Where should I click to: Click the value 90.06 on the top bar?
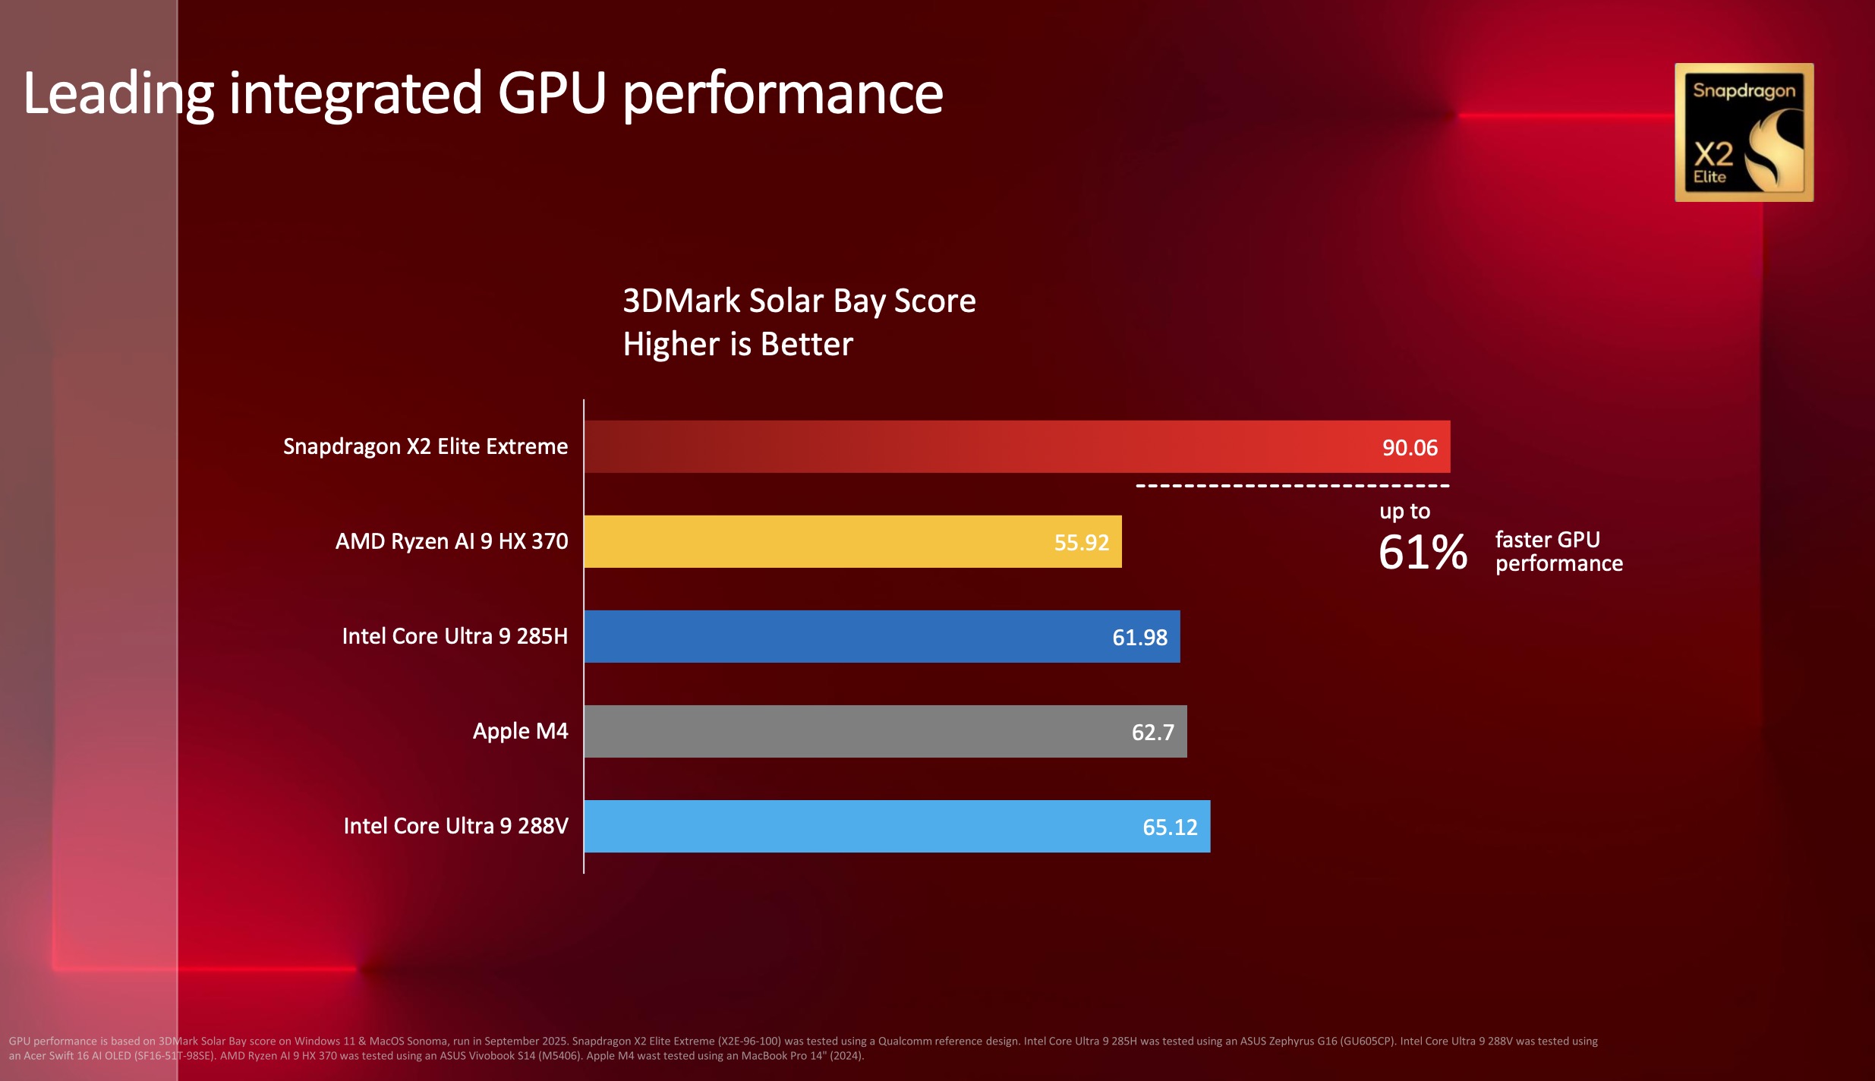pos(1410,448)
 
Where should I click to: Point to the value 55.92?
pos(1082,543)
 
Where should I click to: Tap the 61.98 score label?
pos(1139,638)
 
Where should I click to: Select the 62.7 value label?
pos(1152,733)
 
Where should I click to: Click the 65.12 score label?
pos(1170,827)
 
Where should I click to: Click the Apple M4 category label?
pos(520,731)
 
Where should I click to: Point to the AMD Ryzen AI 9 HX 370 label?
pos(452,541)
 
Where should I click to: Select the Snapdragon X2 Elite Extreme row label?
pos(425,446)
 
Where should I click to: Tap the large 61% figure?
pos(1423,552)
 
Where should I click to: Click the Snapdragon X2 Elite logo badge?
pos(1744,132)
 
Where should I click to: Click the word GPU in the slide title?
pos(552,93)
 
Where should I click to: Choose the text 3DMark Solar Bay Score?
pos(799,301)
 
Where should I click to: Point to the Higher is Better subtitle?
pos(738,344)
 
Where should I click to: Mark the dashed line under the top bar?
pos(1292,486)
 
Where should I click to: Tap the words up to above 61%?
pos(1404,511)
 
